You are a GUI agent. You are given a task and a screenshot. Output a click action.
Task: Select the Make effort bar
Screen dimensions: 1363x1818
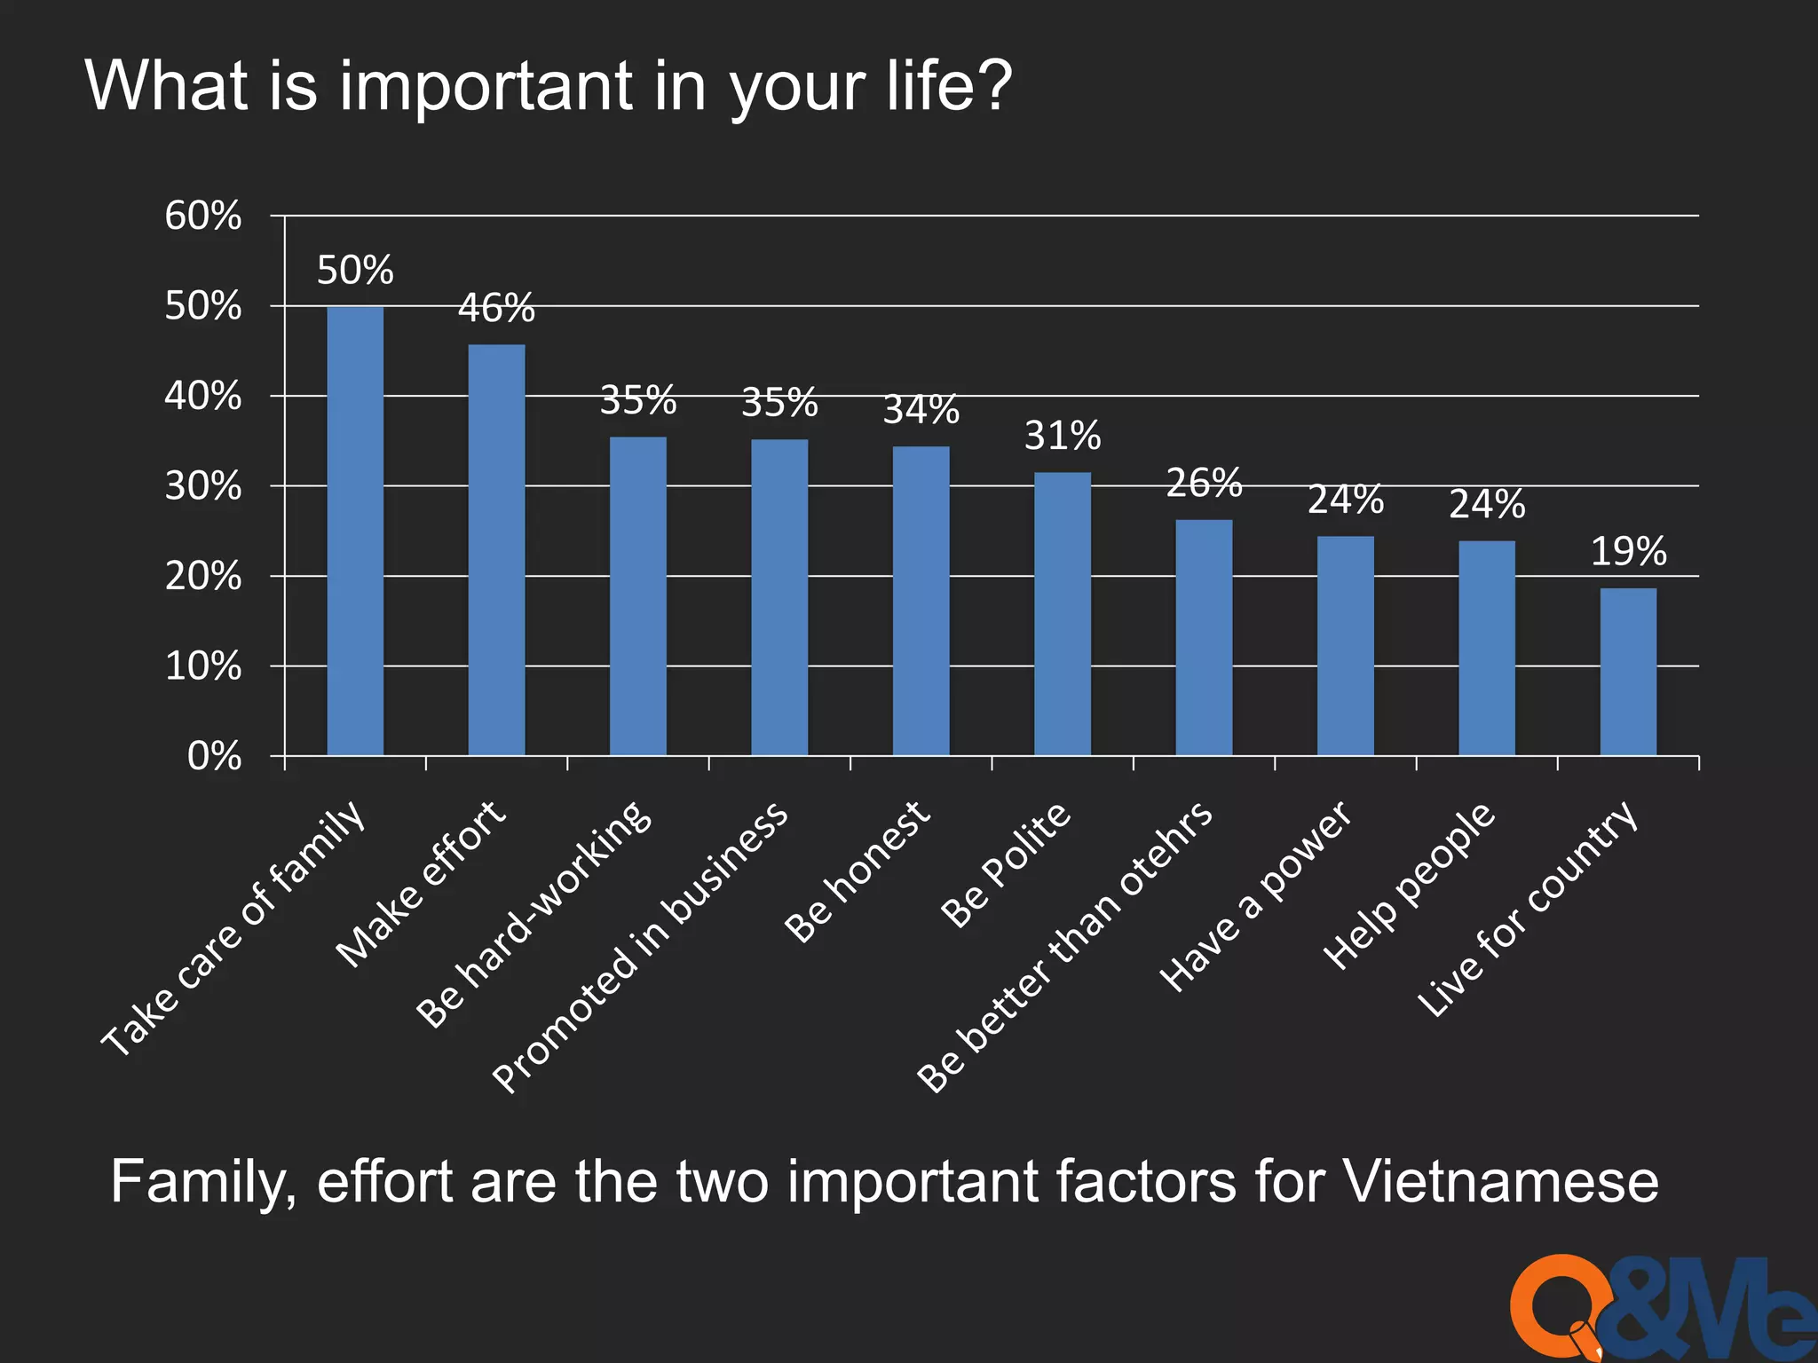click(496, 550)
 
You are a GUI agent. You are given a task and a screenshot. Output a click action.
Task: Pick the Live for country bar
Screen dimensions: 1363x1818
click(1628, 672)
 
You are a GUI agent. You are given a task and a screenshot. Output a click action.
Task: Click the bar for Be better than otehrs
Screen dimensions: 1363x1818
click(1204, 637)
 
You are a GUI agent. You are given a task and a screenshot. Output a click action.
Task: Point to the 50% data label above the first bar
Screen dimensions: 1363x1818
click(355, 271)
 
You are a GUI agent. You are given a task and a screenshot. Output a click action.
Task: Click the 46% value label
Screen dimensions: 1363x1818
click(496, 309)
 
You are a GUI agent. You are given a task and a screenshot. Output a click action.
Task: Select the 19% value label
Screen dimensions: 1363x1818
click(1628, 552)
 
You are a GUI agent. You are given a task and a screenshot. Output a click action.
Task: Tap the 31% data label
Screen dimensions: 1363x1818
click(1063, 436)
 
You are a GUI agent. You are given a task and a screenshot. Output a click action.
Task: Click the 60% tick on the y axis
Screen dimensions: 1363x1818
click(202, 216)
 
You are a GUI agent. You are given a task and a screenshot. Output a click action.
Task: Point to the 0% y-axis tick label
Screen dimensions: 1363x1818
click(214, 757)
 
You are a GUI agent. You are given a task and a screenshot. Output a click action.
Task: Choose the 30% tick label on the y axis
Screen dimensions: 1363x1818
click(202, 486)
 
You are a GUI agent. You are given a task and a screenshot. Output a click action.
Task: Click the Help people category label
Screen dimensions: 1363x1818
click(1410, 885)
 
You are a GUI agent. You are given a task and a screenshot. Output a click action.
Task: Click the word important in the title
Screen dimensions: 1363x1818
click(486, 86)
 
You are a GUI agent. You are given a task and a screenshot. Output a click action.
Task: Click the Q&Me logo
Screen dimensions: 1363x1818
click(1660, 1309)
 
